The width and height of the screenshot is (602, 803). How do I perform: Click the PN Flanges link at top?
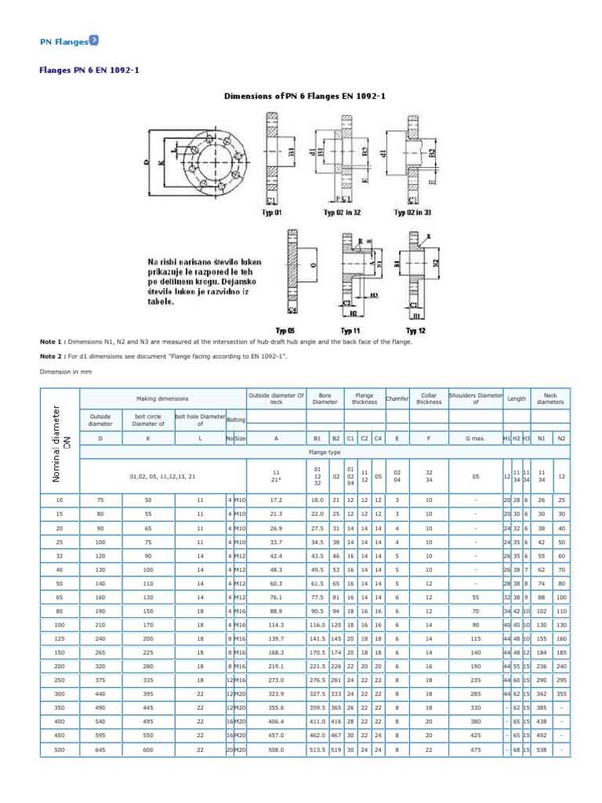[x=64, y=41]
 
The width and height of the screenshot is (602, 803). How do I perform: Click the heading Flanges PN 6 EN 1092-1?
[x=90, y=70]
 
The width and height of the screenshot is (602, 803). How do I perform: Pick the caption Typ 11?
[x=348, y=331]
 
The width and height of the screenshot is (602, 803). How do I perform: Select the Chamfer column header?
[x=397, y=400]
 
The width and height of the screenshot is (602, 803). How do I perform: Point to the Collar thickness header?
[x=429, y=400]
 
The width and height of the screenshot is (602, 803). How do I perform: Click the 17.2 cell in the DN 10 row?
[x=275, y=499]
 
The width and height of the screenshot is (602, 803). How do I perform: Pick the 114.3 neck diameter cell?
[x=275, y=624]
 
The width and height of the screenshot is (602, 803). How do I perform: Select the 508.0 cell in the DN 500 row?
[x=275, y=750]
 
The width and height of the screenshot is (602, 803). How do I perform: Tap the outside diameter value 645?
[x=100, y=750]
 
